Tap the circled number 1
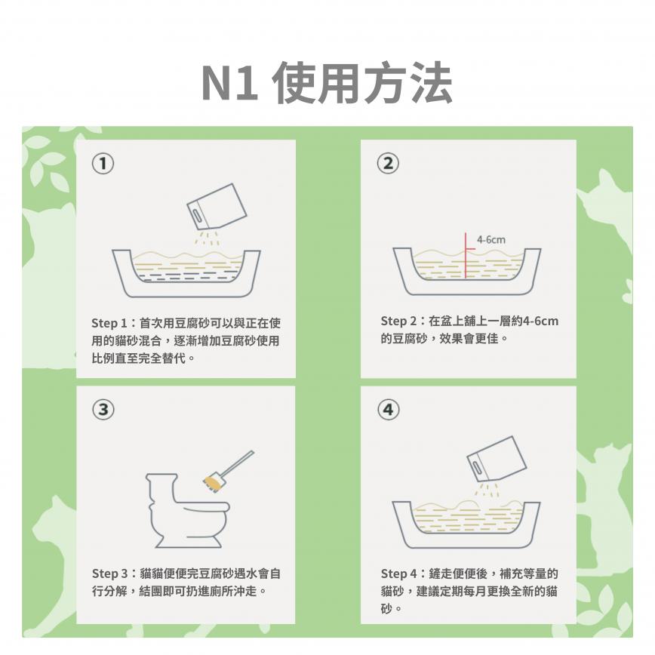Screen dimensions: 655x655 point(103,164)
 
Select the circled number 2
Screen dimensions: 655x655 point(388,163)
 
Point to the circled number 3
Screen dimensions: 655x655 point(103,409)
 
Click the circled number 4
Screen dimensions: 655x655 point(389,409)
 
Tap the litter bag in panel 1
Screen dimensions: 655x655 point(217,206)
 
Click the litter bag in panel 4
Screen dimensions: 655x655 point(497,459)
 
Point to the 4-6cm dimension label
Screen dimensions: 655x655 point(491,240)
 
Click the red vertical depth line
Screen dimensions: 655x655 point(466,255)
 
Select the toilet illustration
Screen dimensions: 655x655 point(187,510)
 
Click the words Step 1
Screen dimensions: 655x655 point(109,323)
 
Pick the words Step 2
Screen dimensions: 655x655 point(398,321)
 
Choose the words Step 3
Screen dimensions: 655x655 point(110,574)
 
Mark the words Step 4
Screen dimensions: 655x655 point(399,574)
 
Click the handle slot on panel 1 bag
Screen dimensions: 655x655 point(197,216)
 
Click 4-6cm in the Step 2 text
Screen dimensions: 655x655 point(540,321)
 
